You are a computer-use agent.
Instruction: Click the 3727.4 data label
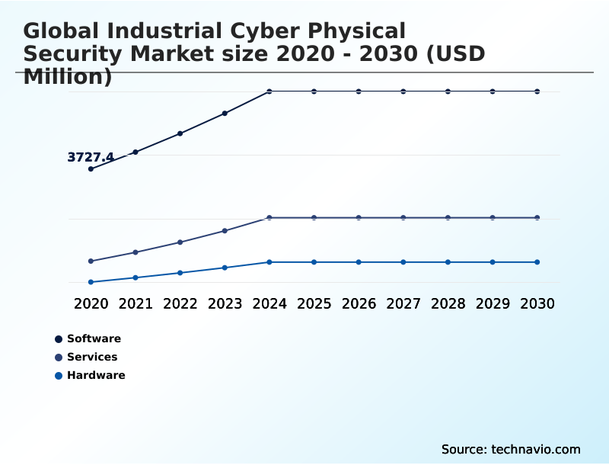[91, 158]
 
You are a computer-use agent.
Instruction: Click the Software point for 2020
[91, 169]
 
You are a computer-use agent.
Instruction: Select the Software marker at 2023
[225, 114]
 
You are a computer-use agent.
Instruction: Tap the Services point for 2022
[180, 242]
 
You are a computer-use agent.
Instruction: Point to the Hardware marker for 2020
[91, 282]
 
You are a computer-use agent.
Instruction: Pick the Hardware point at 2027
[403, 262]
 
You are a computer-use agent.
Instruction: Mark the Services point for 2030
[537, 218]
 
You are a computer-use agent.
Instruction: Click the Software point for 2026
[359, 91]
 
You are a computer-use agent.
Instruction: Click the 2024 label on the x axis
[269, 304]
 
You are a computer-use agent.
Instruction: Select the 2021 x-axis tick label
[136, 304]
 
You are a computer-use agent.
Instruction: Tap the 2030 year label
[537, 304]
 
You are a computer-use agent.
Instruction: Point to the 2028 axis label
[448, 304]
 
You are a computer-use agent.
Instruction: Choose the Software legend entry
[94, 339]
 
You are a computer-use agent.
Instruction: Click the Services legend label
[92, 358]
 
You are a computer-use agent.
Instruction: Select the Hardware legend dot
[59, 376]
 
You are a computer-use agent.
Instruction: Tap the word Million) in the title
[68, 77]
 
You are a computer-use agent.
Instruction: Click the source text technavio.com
[536, 450]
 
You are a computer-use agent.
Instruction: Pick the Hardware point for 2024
[269, 262]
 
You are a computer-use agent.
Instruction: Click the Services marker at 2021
[136, 252]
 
